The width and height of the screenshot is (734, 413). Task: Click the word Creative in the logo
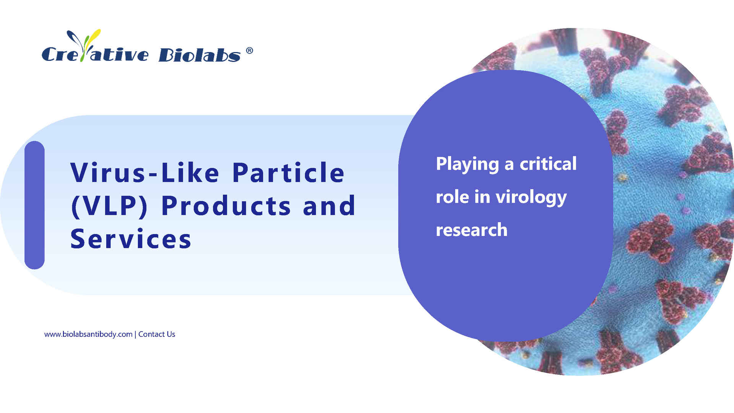[x=95, y=54]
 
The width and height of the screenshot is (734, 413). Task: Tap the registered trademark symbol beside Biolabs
[x=249, y=50]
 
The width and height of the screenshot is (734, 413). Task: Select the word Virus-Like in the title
[x=145, y=173]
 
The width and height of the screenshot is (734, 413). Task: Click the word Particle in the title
[x=289, y=172]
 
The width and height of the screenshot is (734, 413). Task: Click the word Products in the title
[x=226, y=206]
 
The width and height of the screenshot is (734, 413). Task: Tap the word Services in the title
[x=131, y=239]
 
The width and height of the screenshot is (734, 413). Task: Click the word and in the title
[x=329, y=206]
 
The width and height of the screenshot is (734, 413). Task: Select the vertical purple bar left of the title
[x=34, y=205]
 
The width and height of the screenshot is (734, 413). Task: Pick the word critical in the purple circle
[x=548, y=164]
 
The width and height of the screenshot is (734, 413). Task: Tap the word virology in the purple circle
[x=531, y=198]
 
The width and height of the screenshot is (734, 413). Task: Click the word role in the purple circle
[x=452, y=197]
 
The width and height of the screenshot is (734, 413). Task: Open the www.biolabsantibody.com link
[x=88, y=334]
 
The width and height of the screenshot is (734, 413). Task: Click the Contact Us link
[x=157, y=334]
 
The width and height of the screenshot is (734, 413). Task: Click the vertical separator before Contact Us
[x=135, y=335]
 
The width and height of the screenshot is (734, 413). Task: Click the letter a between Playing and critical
[x=509, y=165]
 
